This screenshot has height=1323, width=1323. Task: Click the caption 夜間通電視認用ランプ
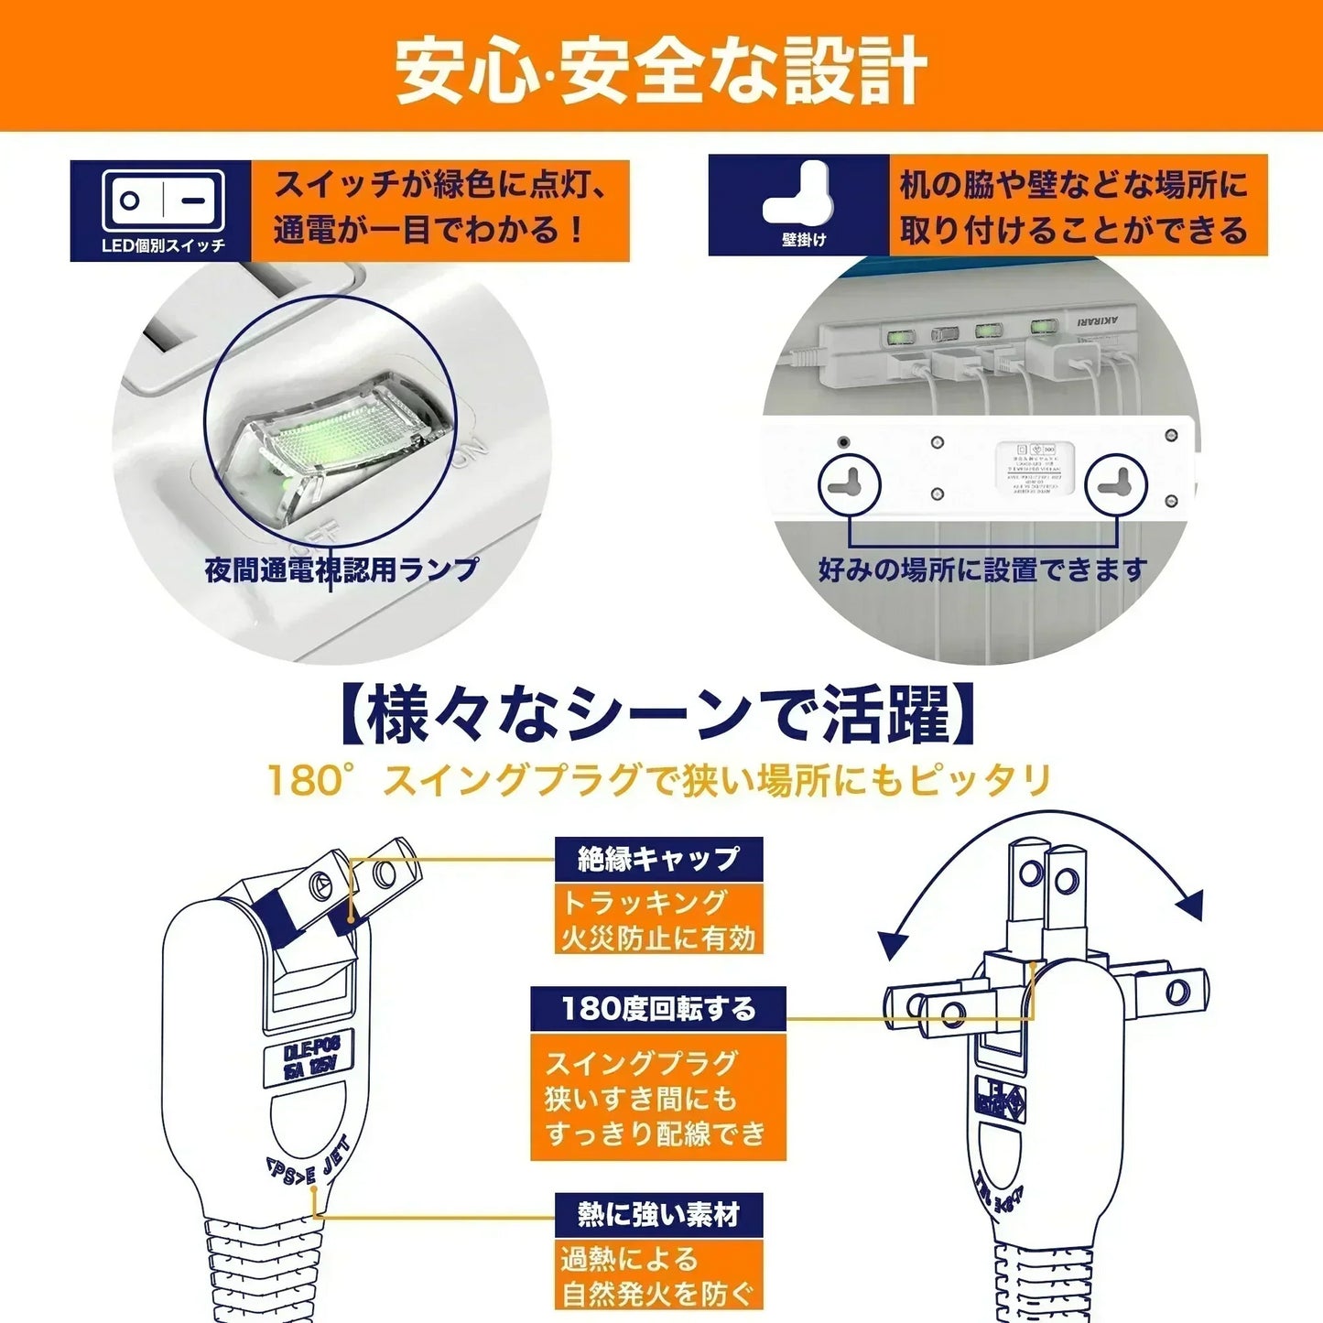(x=342, y=569)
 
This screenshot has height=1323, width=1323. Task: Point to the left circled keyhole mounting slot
(x=848, y=483)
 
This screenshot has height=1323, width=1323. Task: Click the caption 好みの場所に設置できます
(x=982, y=569)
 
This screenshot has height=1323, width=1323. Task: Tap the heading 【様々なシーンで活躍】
(x=660, y=716)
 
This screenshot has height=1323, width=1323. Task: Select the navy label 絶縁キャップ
(x=657, y=859)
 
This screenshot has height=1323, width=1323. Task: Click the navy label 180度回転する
(x=658, y=1009)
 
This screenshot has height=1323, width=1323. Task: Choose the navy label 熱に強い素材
(x=657, y=1215)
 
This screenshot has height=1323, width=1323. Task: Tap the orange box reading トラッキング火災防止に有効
(x=657, y=920)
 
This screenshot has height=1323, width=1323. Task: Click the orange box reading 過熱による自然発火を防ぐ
(x=657, y=1276)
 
